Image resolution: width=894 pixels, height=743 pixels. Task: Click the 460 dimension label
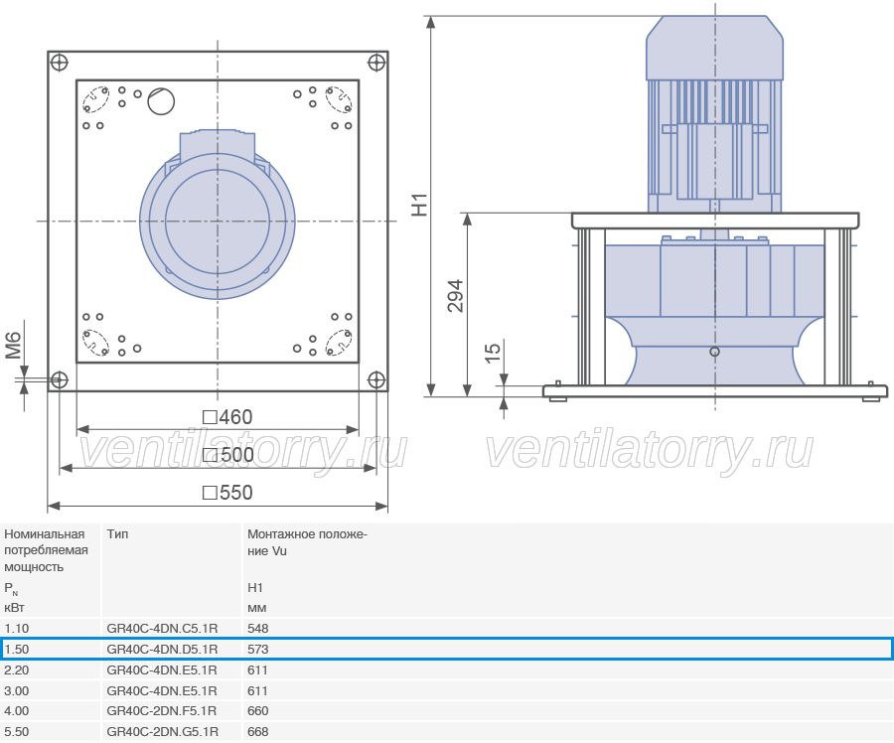pos(227,417)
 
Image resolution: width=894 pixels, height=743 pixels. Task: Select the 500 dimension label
pos(228,455)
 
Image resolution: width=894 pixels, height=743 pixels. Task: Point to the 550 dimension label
pos(227,492)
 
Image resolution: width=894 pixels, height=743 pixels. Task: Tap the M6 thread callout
pos(13,346)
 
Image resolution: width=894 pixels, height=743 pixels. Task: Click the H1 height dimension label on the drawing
pos(419,206)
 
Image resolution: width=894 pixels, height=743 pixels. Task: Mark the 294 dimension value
pos(456,296)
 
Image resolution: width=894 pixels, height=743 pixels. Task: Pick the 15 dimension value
pos(493,352)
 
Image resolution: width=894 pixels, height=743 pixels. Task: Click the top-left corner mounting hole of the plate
pos(60,63)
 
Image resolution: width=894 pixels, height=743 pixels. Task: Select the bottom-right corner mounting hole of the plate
pos(376,379)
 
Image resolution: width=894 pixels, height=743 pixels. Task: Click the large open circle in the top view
pos(161,101)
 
